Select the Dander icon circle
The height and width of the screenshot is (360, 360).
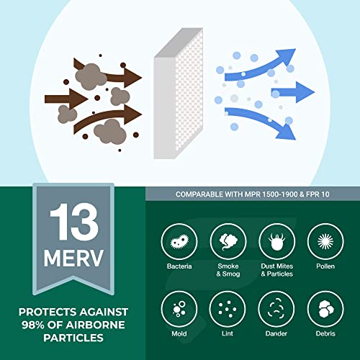[274, 310]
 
